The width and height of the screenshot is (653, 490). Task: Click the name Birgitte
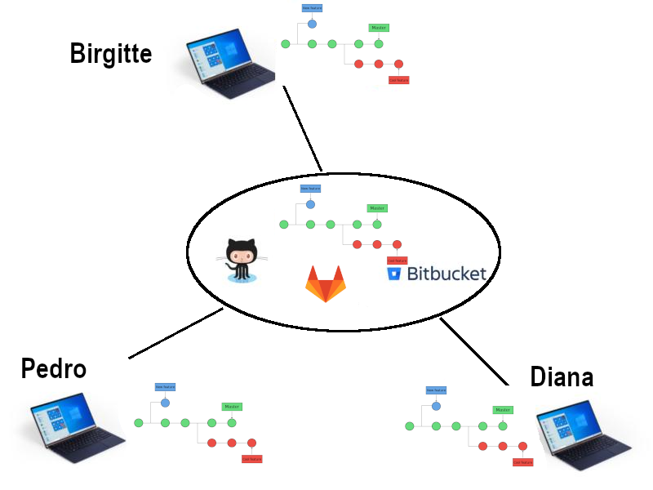[111, 54]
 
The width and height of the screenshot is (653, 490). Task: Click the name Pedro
[54, 368]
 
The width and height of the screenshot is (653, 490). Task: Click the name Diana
[562, 376]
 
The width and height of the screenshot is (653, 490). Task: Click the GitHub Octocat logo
[242, 260]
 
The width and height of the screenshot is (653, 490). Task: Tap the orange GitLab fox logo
[326, 284]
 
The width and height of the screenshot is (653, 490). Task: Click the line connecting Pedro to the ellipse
[175, 333]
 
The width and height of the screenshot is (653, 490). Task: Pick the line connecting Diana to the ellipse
[473, 351]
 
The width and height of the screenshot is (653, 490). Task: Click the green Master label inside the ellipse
[376, 208]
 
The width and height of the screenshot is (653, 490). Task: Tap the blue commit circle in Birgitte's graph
[312, 24]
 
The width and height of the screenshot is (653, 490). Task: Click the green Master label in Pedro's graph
[232, 407]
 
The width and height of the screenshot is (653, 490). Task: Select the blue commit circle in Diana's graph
[436, 406]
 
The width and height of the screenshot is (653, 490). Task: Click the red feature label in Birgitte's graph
[398, 80]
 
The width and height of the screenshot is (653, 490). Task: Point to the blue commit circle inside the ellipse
[310, 204]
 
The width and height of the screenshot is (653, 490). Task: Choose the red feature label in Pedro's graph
[251, 459]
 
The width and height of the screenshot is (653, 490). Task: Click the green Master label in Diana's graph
[503, 410]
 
